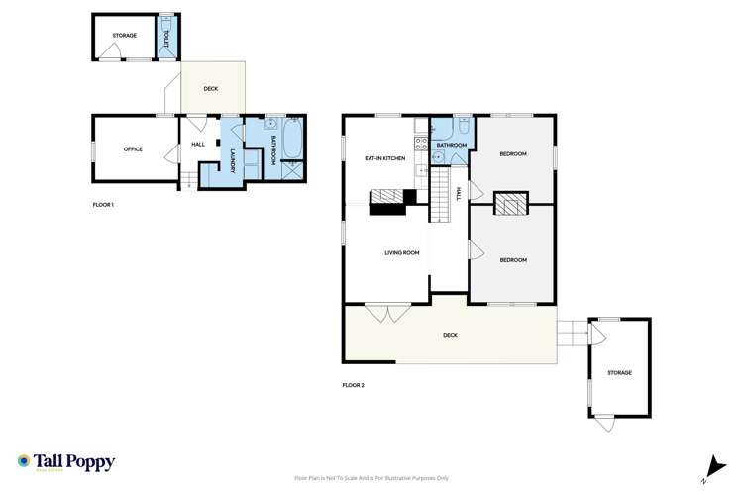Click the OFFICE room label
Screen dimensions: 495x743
pyautogui.click(x=133, y=149)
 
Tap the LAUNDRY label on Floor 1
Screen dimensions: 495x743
pyautogui.click(x=233, y=161)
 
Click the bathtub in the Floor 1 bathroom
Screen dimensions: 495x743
pyautogui.click(x=290, y=140)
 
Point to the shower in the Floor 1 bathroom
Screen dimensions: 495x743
pyautogui.click(x=291, y=170)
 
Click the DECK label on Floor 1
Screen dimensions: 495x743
pyautogui.click(x=210, y=89)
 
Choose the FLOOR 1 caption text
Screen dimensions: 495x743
pyautogui.click(x=103, y=205)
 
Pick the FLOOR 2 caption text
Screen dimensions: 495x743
pyautogui.click(x=354, y=384)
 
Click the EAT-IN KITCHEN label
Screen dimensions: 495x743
pyautogui.click(x=384, y=158)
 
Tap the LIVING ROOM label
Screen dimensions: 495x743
pyautogui.click(x=401, y=253)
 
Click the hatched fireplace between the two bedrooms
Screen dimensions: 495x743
pyautogui.click(x=510, y=205)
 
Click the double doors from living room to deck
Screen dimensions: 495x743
pyautogui.click(x=387, y=312)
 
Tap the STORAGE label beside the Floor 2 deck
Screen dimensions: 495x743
pyautogui.click(x=619, y=373)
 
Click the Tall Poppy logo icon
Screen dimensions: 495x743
pyautogui.click(x=23, y=461)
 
